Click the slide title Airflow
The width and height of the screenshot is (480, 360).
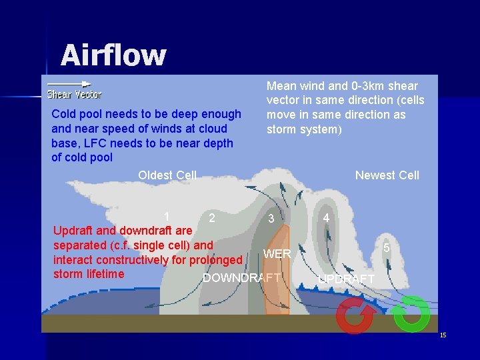coord(113,55)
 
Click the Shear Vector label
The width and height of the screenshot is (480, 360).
coord(74,95)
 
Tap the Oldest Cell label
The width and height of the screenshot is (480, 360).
coord(167,175)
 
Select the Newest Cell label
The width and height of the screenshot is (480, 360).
coord(387,175)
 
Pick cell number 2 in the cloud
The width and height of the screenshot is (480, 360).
coord(211,217)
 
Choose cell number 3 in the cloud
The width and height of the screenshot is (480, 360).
coord(271,219)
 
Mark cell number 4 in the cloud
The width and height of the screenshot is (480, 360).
coord(325,218)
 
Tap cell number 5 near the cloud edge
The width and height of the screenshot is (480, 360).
coord(386,247)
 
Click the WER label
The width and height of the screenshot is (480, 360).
coord(277,254)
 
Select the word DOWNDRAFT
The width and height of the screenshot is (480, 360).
coord(241,278)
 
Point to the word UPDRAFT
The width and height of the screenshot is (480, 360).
coord(346,279)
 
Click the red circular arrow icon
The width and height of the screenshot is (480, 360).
coord(355,315)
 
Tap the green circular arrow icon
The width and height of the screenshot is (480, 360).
coord(411,314)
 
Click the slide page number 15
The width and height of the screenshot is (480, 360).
coord(443,335)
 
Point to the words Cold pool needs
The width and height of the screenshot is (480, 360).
coord(91,114)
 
